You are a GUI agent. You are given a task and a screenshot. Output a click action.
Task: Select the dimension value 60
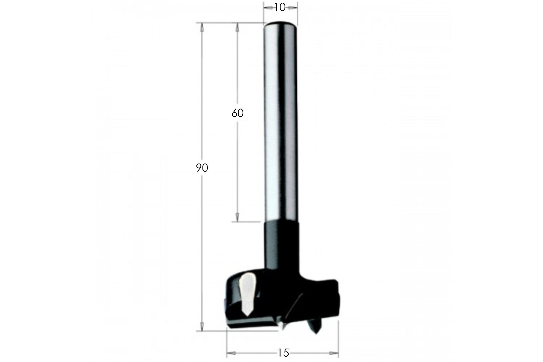click(237, 113)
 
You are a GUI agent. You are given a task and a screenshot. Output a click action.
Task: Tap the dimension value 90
click(202, 168)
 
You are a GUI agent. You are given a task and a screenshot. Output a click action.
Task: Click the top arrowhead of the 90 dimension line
click(202, 27)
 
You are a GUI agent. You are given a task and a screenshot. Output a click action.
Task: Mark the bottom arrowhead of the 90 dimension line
click(202, 325)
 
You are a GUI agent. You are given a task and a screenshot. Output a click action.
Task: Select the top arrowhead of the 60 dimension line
click(237, 27)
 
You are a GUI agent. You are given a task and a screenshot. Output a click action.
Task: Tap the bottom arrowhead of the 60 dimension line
click(237, 217)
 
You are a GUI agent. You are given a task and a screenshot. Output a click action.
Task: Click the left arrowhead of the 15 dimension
click(231, 353)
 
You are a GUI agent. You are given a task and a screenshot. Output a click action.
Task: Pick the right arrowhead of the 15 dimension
click(334, 353)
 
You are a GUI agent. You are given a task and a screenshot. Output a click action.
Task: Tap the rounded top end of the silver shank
click(280, 24)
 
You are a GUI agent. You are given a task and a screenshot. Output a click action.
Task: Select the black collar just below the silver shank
click(281, 241)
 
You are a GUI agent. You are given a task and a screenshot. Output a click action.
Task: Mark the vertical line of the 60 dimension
click(237, 168)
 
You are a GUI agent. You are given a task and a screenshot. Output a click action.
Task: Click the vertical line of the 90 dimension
click(202, 235)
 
